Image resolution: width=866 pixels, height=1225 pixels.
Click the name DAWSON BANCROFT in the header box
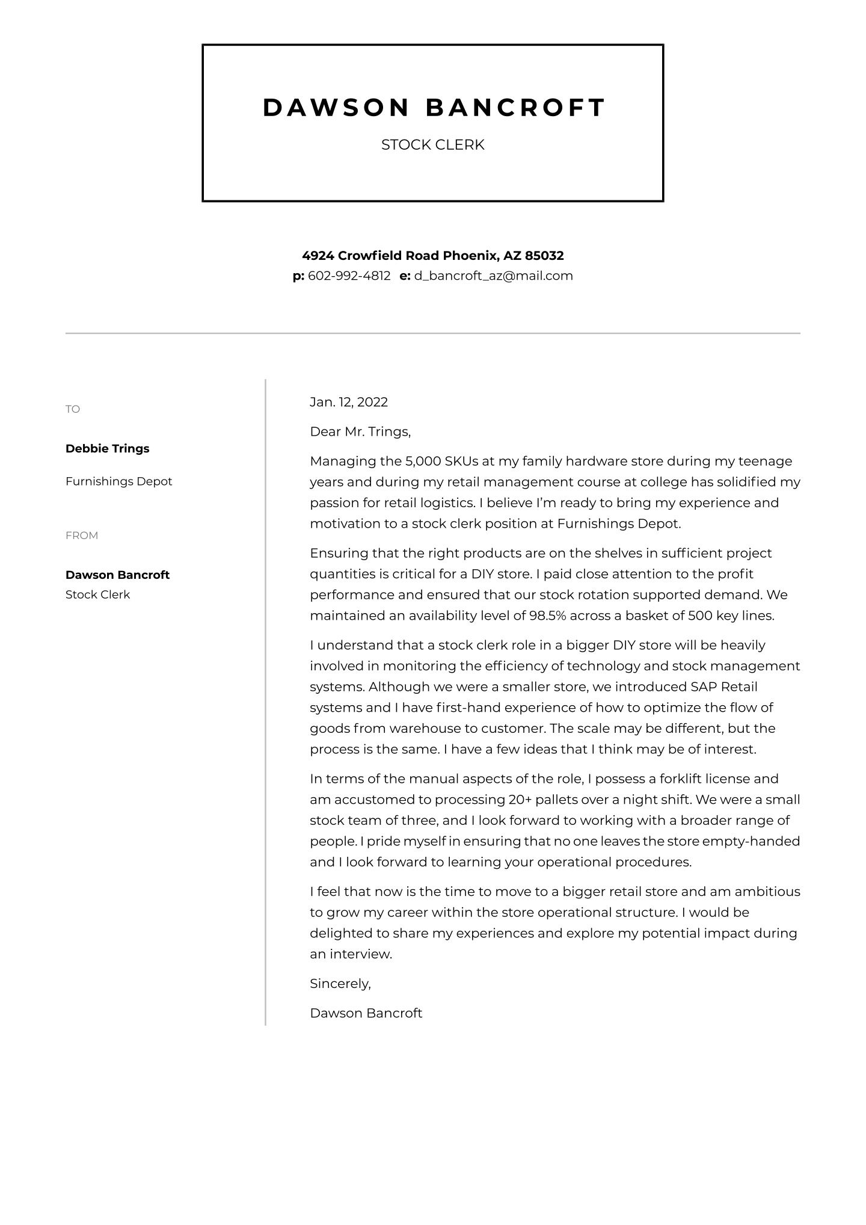(433, 108)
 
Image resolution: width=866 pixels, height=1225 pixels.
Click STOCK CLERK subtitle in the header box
(432, 145)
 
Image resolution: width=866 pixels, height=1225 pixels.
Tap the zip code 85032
(544, 256)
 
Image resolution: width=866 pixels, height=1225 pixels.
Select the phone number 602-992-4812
(349, 276)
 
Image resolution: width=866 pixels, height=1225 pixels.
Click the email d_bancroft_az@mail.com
(493, 276)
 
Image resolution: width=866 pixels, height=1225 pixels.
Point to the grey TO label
(73, 409)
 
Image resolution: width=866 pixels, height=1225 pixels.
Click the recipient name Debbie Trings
(107, 448)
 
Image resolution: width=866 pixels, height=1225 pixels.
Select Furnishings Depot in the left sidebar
(118, 481)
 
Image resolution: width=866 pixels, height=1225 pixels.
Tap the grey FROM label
(82, 535)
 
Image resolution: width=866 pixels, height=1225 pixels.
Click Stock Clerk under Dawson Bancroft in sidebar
(97, 594)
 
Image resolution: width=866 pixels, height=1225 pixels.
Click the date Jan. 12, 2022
(349, 402)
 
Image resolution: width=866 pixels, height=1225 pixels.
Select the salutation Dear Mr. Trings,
(360, 431)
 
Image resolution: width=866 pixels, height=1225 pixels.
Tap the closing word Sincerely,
(340, 984)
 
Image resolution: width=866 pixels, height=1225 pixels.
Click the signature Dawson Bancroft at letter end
(366, 1013)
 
